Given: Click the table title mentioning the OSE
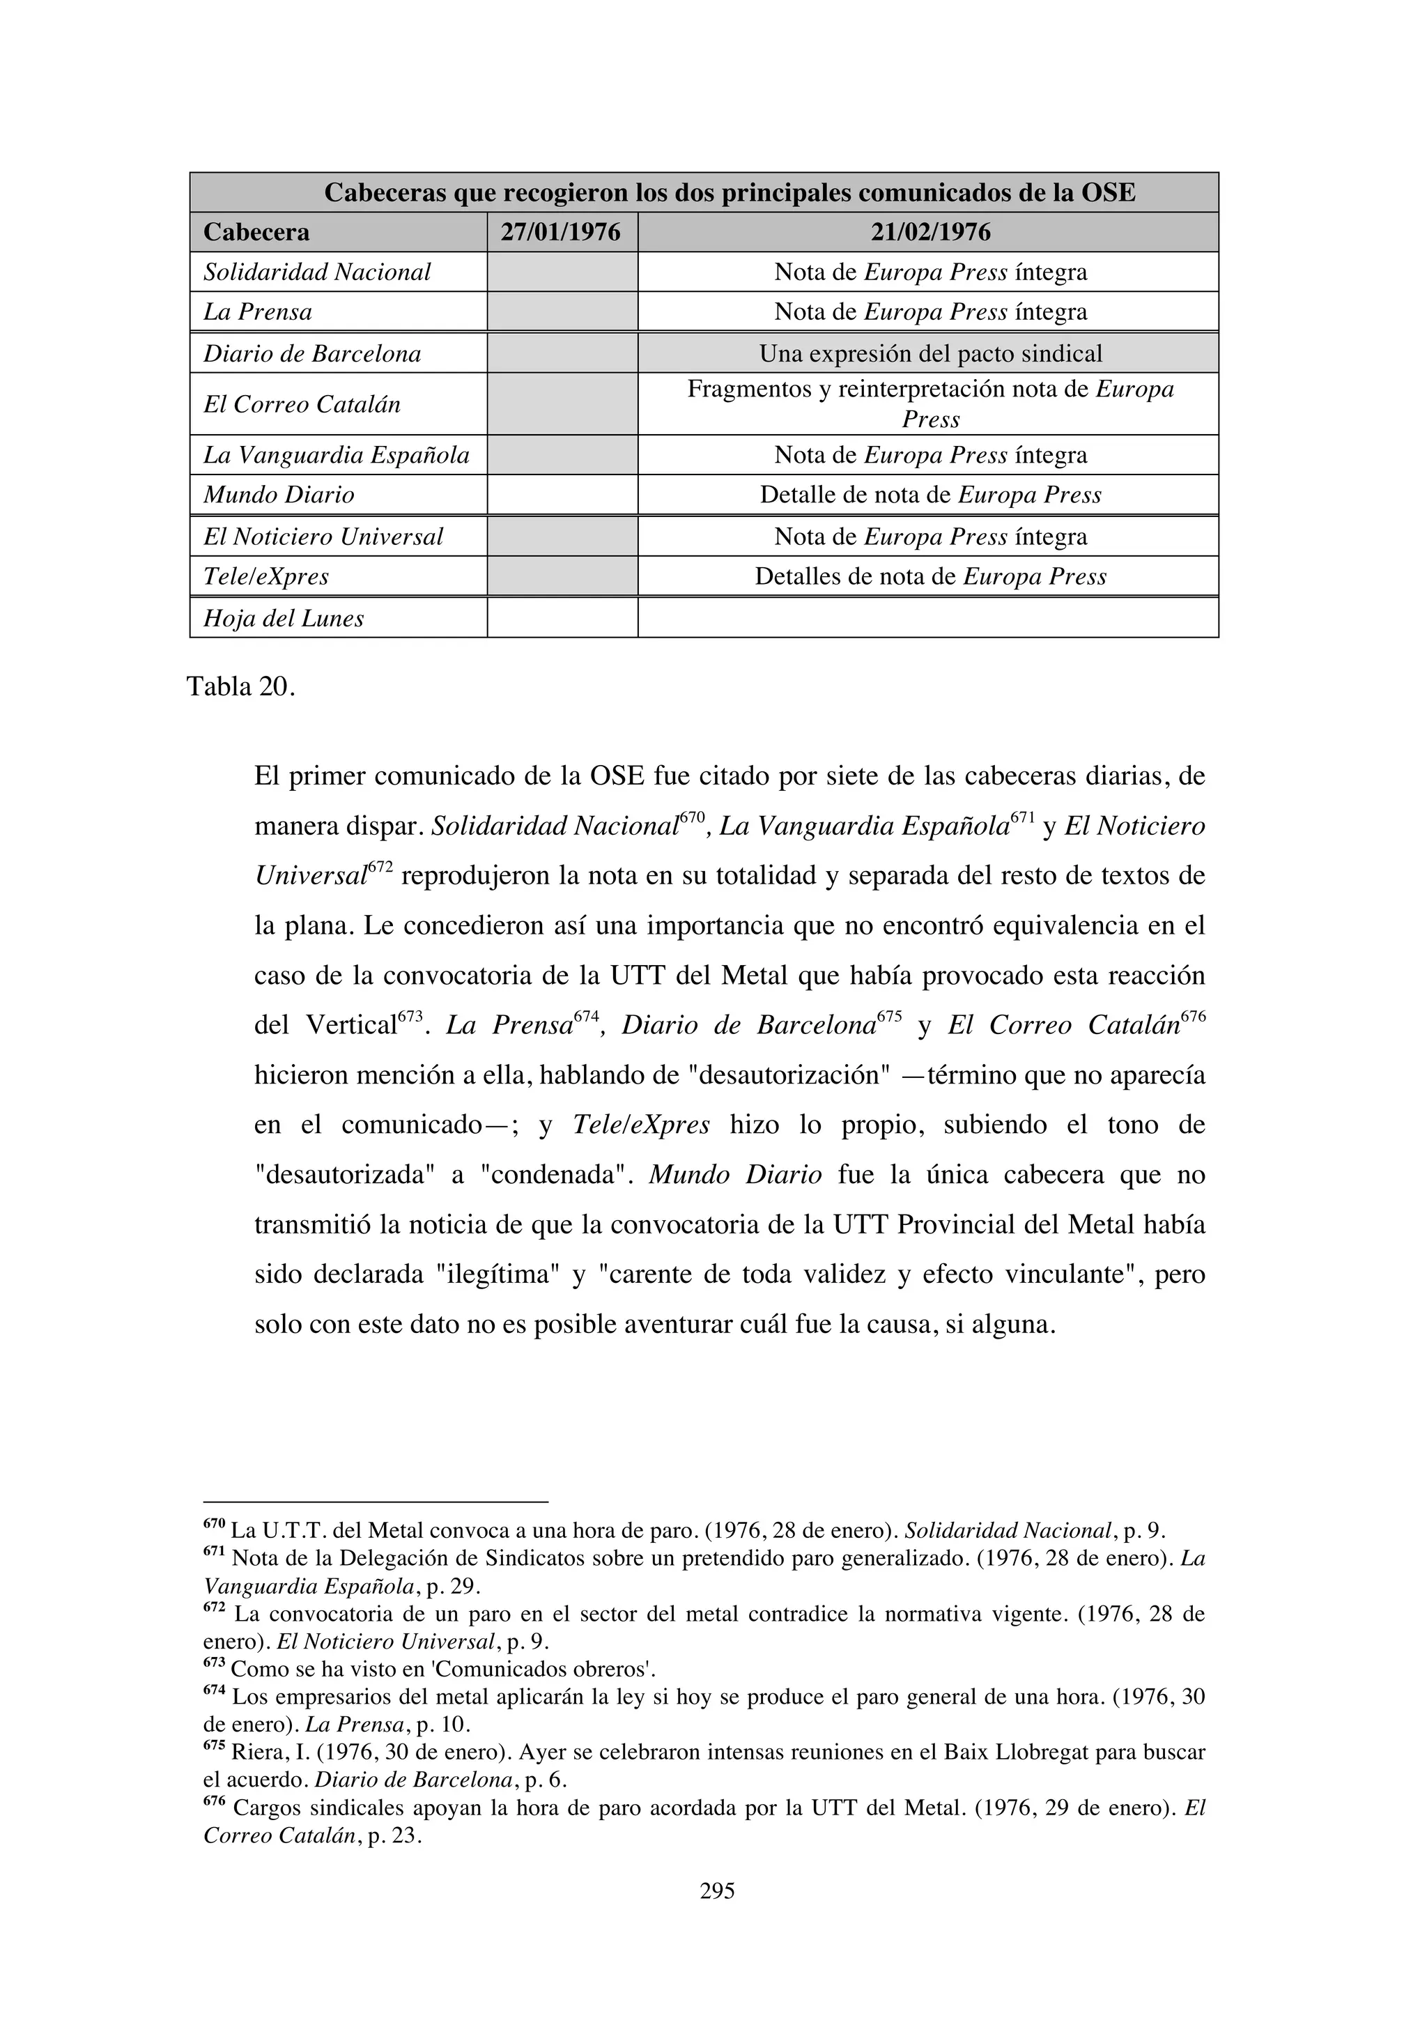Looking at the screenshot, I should (x=730, y=192).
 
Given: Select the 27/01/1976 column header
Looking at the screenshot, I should (x=561, y=232).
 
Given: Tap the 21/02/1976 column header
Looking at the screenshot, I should (x=930, y=232).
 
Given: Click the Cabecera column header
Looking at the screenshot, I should (x=256, y=232).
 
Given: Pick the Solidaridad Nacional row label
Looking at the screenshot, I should (x=317, y=272).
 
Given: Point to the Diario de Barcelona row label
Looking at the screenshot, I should (x=312, y=354).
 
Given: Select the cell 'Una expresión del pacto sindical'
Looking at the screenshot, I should (x=930, y=354).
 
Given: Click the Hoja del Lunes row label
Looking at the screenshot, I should (x=283, y=619).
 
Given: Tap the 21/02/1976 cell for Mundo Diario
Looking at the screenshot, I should (x=930, y=495).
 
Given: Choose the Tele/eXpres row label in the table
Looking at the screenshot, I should (x=266, y=576).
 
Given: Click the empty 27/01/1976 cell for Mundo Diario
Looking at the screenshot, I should (x=562, y=495).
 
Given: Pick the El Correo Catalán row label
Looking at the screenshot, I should (x=302, y=404).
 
